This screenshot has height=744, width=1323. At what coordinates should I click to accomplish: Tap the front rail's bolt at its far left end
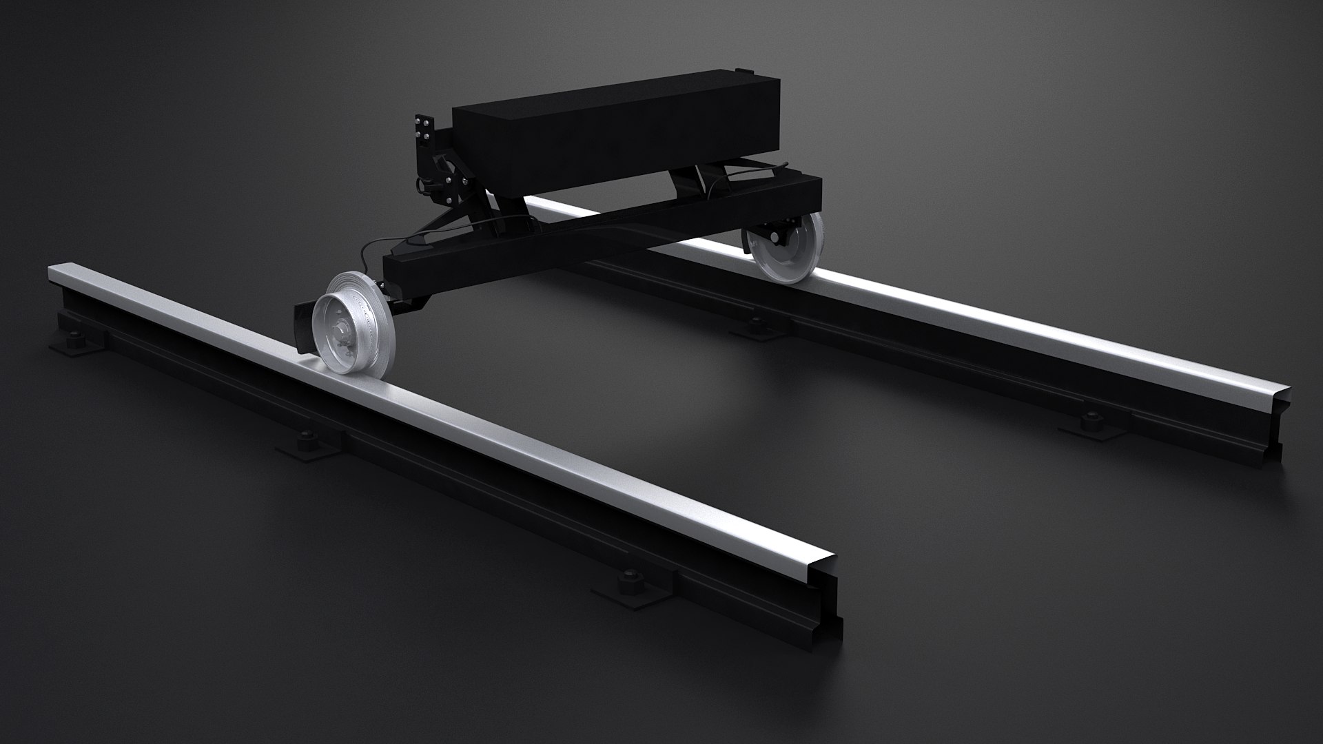(x=72, y=339)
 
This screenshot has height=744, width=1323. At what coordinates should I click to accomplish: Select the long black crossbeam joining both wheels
(x=599, y=220)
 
